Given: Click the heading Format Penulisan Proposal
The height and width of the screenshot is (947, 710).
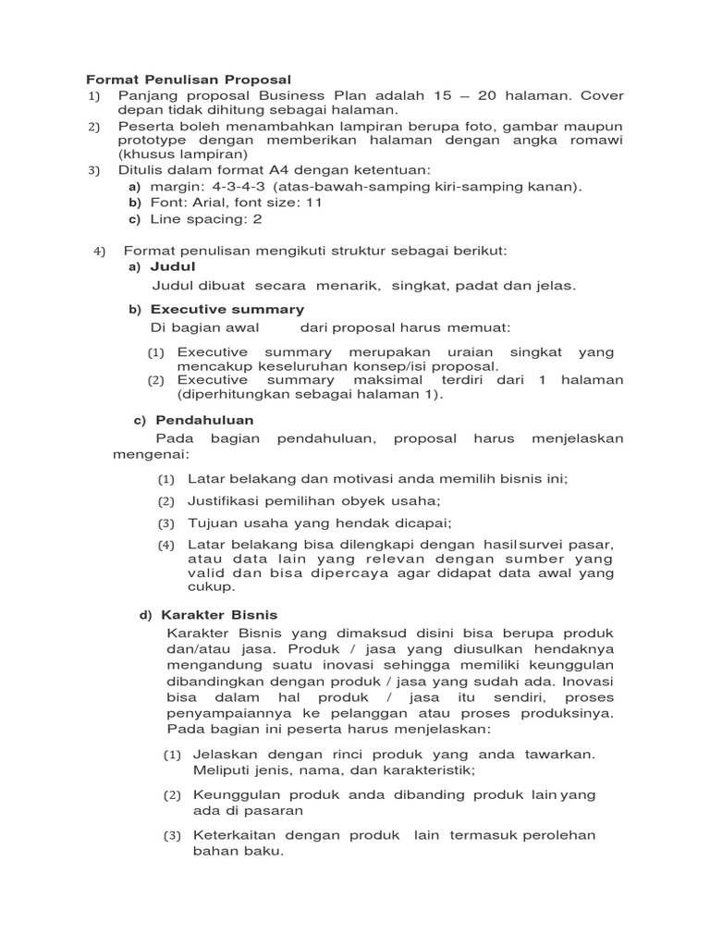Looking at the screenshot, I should pyautogui.click(x=189, y=80).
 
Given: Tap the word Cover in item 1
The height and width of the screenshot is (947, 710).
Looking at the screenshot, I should pyautogui.click(x=600, y=95).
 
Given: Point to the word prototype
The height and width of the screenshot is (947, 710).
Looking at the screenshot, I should pyautogui.click(x=153, y=140).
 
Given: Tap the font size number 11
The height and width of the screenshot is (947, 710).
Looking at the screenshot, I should pyautogui.click(x=313, y=203).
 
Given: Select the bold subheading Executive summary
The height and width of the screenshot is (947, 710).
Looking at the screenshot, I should pyautogui.click(x=227, y=309).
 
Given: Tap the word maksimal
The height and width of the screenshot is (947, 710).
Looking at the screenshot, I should pyautogui.click(x=387, y=380).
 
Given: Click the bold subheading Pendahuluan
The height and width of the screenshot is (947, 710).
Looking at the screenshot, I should pyautogui.click(x=204, y=420).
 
